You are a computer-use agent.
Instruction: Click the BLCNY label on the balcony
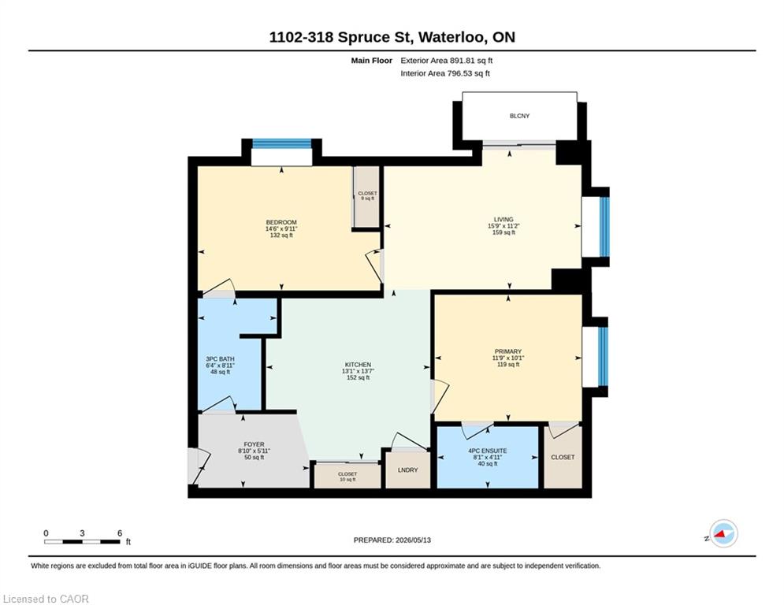pos(519,116)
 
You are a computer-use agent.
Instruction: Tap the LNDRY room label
pos(407,470)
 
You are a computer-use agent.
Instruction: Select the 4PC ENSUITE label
pos(488,451)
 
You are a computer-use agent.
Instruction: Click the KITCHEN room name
pos(358,365)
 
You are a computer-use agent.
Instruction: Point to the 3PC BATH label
pos(220,359)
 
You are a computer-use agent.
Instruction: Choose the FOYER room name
pos(254,444)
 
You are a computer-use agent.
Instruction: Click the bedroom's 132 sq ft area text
pos(281,235)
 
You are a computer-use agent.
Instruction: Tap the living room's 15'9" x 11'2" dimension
pos(503,225)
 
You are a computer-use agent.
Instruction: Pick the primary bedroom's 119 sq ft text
pos(508,365)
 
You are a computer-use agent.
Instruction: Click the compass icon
pos(723,533)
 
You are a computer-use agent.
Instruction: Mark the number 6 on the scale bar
pos(120,533)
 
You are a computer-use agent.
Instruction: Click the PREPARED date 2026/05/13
pos(413,540)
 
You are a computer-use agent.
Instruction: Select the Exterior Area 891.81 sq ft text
pos(447,61)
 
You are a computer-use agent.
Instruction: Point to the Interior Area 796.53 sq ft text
pos(445,73)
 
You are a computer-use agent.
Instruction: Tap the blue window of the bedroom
pos(281,143)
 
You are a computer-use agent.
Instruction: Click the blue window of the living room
pos(604,227)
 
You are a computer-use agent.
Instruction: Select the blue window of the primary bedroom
pos(603,357)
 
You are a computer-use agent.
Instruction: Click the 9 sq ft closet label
pos(367,199)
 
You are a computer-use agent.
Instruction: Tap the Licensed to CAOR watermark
pos(46,599)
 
